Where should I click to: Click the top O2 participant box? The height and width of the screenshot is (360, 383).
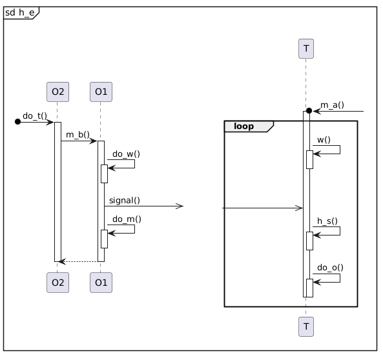58,92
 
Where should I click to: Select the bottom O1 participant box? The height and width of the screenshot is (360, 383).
101,283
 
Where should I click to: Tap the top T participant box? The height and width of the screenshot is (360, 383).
306,48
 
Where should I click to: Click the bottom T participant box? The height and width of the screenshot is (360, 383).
306,327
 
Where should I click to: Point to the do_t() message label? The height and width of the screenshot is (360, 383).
35,115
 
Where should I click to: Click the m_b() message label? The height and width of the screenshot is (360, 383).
78,134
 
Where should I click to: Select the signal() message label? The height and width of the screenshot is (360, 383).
125,201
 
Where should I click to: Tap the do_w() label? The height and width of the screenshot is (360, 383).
127,154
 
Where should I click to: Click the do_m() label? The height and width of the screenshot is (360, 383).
127,219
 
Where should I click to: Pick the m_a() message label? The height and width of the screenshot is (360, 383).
332,105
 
